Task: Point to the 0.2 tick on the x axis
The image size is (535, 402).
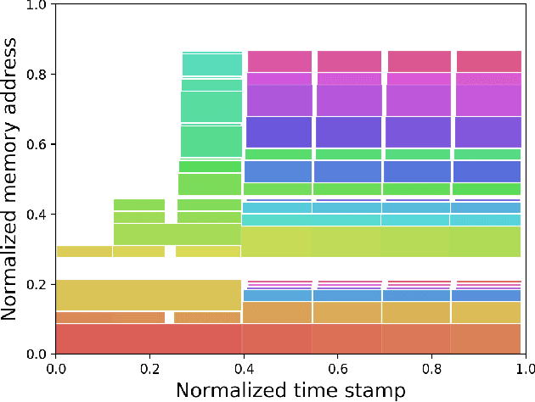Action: tap(149, 367)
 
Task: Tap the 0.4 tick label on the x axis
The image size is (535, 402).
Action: tap(244, 367)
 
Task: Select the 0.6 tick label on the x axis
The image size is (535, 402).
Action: tap(338, 367)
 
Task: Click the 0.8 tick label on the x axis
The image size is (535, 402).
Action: tap(431, 367)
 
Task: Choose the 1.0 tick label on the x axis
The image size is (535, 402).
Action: tap(525, 367)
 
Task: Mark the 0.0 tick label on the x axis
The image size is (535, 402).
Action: tap(56, 367)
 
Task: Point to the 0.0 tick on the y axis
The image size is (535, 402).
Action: tap(38, 354)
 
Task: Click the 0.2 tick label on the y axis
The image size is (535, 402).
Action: tap(38, 284)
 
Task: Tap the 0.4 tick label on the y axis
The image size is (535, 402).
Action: tap(38, 214)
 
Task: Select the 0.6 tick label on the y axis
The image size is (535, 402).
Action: tap(38, 144)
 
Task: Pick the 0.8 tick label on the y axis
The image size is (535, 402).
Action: tap(38, 75)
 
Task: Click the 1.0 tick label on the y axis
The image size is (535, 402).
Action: tap(38, 5)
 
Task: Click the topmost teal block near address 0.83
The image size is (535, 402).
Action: tap(212, 64)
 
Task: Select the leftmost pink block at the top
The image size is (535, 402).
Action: tap(279, 61)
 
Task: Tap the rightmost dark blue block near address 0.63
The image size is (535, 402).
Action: tap(487, 131)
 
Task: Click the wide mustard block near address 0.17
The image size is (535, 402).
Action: tap(149, 294)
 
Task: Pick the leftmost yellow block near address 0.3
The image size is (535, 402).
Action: tap(83, 251)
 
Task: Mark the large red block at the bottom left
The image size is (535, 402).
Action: tap(149, 338)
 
